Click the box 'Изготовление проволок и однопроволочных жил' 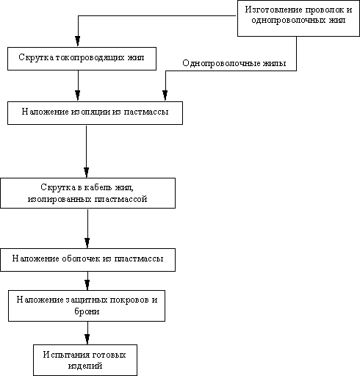(298, 18)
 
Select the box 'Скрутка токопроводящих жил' (82, 59)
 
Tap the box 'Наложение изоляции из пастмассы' (95, 113)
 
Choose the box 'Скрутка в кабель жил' (87, 193)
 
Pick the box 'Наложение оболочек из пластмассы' (87, 260)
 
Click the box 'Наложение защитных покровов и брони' (87, 305)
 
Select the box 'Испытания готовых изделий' (85, 360)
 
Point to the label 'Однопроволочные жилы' (234, 63)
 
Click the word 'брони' (87, 311)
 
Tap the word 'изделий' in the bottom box (85, 366)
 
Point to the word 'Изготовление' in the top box (273, 10)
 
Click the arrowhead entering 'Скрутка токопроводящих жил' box (78, 41)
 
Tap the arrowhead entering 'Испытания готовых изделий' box (87, 339)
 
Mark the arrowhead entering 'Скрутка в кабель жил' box (86, 173)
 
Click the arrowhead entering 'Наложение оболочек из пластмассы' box (87, 243)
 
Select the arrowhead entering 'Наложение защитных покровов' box (87, 285)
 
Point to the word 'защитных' (87, 300)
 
